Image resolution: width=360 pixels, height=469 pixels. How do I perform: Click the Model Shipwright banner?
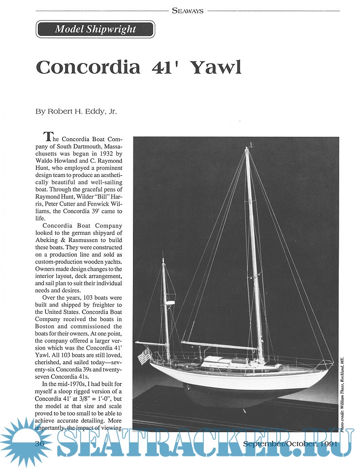95,29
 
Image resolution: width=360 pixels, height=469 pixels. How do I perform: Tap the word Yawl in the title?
216,67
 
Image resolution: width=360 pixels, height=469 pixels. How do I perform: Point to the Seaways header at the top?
187,10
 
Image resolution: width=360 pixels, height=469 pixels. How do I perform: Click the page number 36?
41,443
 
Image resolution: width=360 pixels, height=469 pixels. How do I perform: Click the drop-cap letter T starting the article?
48,137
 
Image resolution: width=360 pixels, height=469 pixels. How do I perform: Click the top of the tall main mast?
247,148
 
